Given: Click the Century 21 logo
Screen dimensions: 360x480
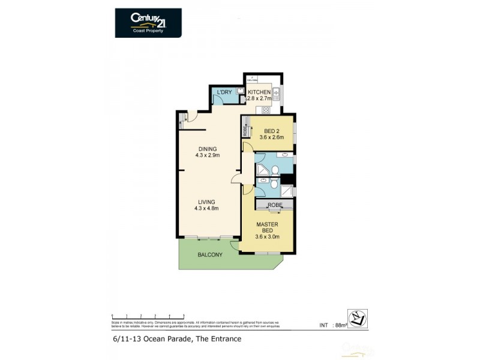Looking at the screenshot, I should coord(148,22).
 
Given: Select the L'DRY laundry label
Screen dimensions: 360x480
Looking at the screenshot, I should coord(224,92).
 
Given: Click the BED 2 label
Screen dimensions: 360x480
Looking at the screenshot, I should coord(271,131).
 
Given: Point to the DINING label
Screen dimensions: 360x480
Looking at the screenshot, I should coord(208,149).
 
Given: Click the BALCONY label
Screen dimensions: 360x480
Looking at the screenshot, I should coord(210,255).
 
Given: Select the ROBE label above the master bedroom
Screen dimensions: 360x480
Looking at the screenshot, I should coord(274,205).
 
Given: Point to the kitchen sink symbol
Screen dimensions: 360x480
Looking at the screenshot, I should coord(277,94).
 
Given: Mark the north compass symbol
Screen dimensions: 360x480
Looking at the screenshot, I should coord(357,319).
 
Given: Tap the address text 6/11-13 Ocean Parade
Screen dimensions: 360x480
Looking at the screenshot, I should coord(176,339).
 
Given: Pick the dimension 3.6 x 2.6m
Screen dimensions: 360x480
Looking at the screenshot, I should coord(271,138).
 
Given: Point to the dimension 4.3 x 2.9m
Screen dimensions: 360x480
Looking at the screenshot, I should coord(208,155).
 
